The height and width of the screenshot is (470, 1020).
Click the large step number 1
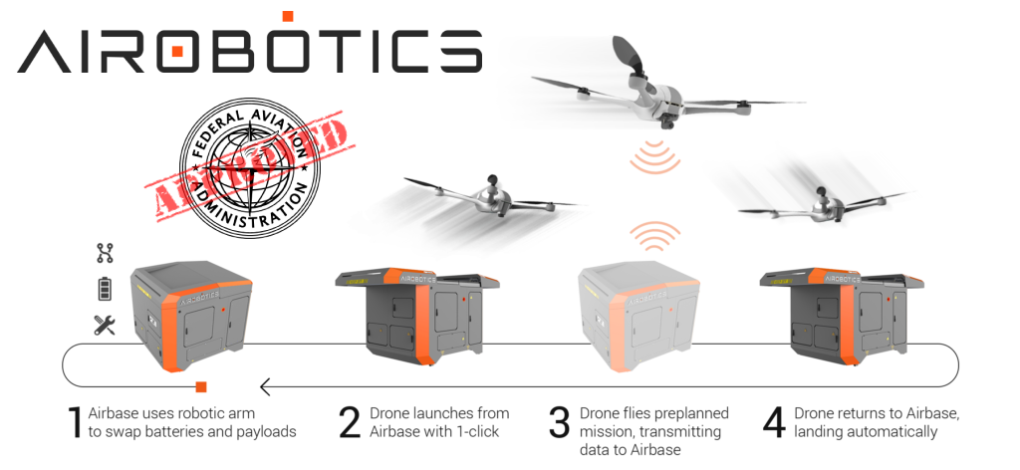(73, 422)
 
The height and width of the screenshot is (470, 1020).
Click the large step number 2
(350, 422)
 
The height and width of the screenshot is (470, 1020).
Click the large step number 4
(774, 422)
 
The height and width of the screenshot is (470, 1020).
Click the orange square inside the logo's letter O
(177, 51)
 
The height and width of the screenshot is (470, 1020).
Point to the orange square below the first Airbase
(201, 385)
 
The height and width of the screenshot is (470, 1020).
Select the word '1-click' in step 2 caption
(481, 431)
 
